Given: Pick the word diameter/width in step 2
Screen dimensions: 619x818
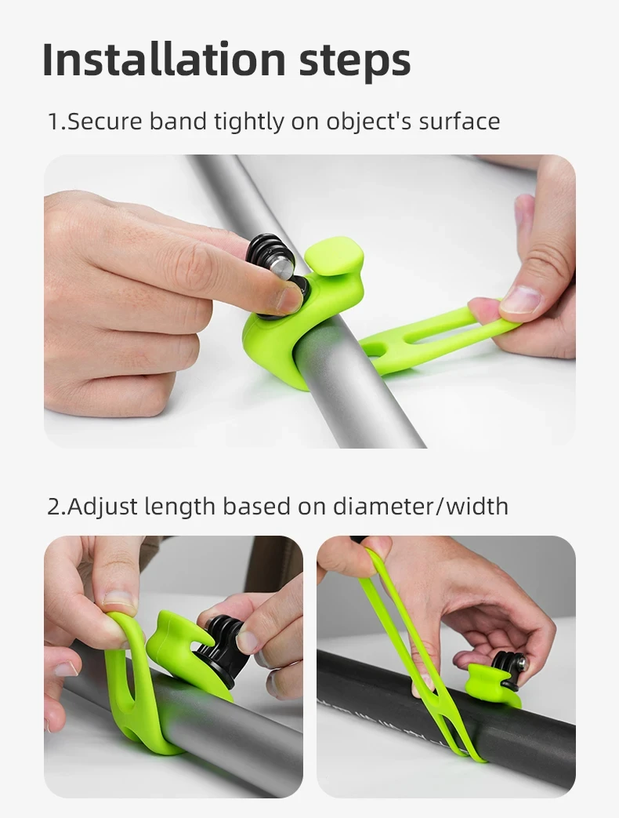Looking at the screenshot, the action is [421, 506].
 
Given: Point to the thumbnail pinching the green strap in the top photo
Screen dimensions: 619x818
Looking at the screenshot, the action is [520, 300].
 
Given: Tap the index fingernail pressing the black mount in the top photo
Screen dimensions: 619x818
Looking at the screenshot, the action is [288, 300].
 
